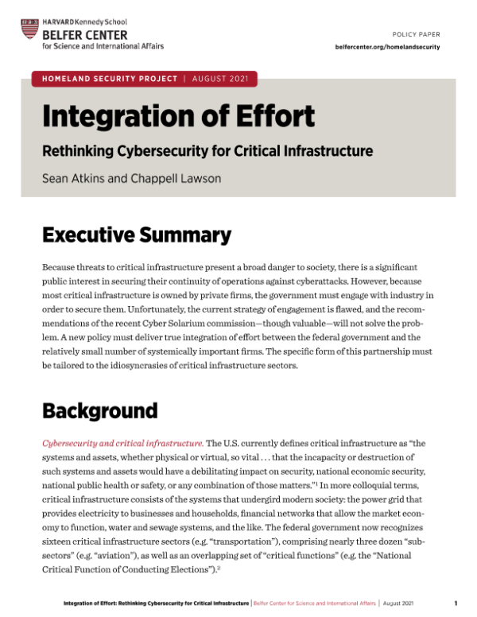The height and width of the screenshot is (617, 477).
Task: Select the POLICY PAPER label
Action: pos(417,35)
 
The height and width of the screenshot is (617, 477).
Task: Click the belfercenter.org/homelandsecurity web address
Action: pos(388,48)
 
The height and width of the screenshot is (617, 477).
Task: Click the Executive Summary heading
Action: pos(136,235)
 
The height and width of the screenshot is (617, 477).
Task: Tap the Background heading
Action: pos(99,411)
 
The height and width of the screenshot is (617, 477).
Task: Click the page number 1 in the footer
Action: pos(456,603)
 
